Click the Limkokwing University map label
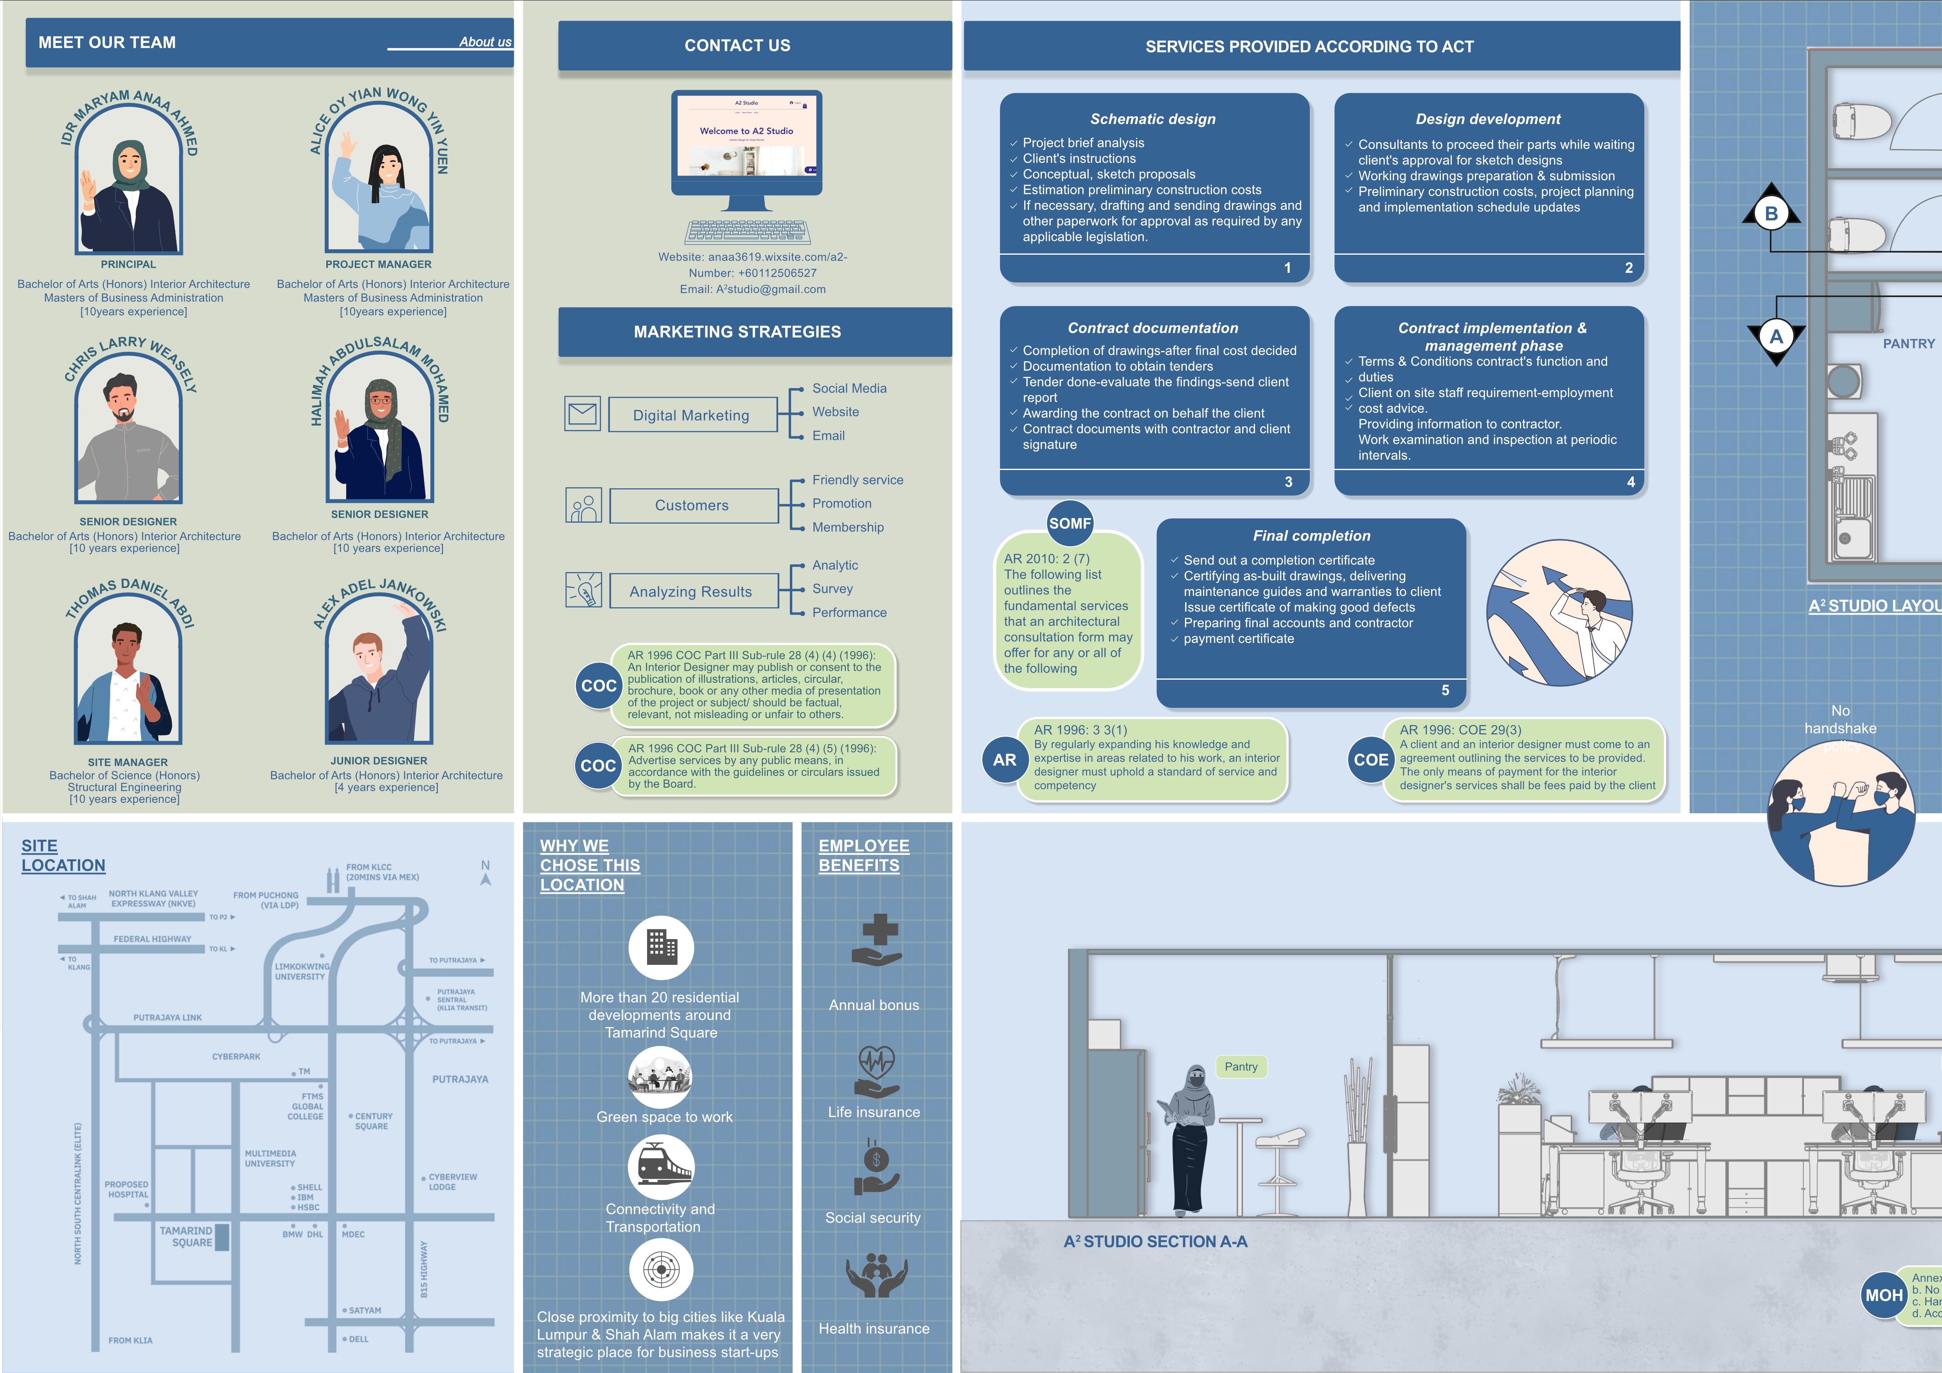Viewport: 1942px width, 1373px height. point(302,971)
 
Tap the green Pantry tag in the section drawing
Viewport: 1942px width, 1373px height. point(1241,1067)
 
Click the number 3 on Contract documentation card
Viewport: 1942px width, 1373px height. point(1288,482)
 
